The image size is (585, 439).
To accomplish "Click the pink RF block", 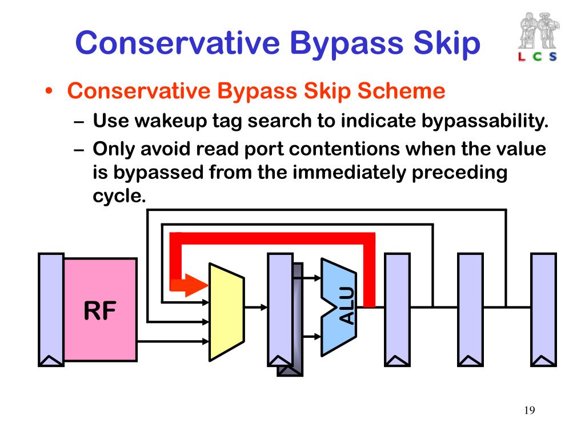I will pyautogui.click(x=100, y=309).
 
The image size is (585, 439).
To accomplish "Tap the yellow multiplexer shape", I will pyautogui.click(x=226, y=312).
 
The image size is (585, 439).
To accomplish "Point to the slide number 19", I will pyautogui.click(x=528, y=410).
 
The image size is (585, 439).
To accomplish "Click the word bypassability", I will pyautogui.click(x=485, y=121).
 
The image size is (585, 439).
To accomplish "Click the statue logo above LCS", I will pyautogui.click(x=538, y=31).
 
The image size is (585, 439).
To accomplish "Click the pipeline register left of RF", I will pyautogui.click(x=51, y=309).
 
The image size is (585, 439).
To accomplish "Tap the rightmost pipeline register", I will pyautogui.click(x=543, y=309).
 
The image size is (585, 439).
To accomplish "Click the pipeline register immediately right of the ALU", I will pyautogui.click(x=397, y=309).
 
